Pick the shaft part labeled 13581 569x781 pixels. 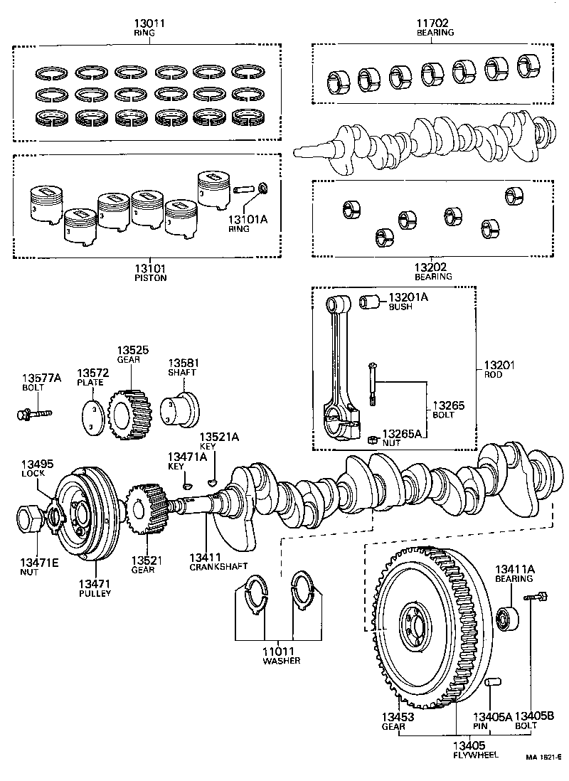(x=181, y=409)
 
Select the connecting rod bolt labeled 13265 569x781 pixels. (x=371, y=384)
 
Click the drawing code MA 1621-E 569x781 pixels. (x=544, y=759)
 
